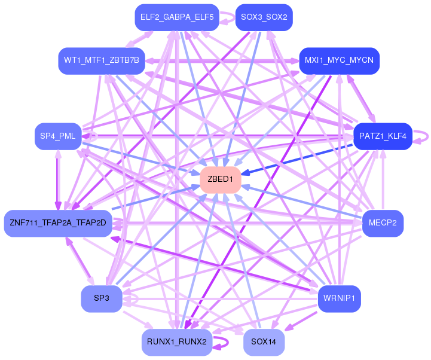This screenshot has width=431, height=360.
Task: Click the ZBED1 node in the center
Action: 221,179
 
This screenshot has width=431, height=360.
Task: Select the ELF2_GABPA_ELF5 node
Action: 177,17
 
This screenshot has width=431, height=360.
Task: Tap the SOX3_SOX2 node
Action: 264,17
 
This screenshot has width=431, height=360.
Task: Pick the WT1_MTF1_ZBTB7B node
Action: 102,61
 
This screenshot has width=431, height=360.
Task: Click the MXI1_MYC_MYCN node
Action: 339,61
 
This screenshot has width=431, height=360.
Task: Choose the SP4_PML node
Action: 58,136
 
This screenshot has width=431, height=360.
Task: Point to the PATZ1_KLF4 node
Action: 383,136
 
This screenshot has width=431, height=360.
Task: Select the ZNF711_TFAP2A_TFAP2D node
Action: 58,223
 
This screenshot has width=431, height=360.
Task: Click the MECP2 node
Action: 383,223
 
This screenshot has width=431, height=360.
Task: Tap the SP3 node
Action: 102,298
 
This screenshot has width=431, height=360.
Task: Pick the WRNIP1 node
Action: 339,298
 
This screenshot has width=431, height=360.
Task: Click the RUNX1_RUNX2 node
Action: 177,342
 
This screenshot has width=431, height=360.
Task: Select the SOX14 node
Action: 264,342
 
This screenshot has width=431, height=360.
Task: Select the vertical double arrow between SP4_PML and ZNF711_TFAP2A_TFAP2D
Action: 58,180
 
